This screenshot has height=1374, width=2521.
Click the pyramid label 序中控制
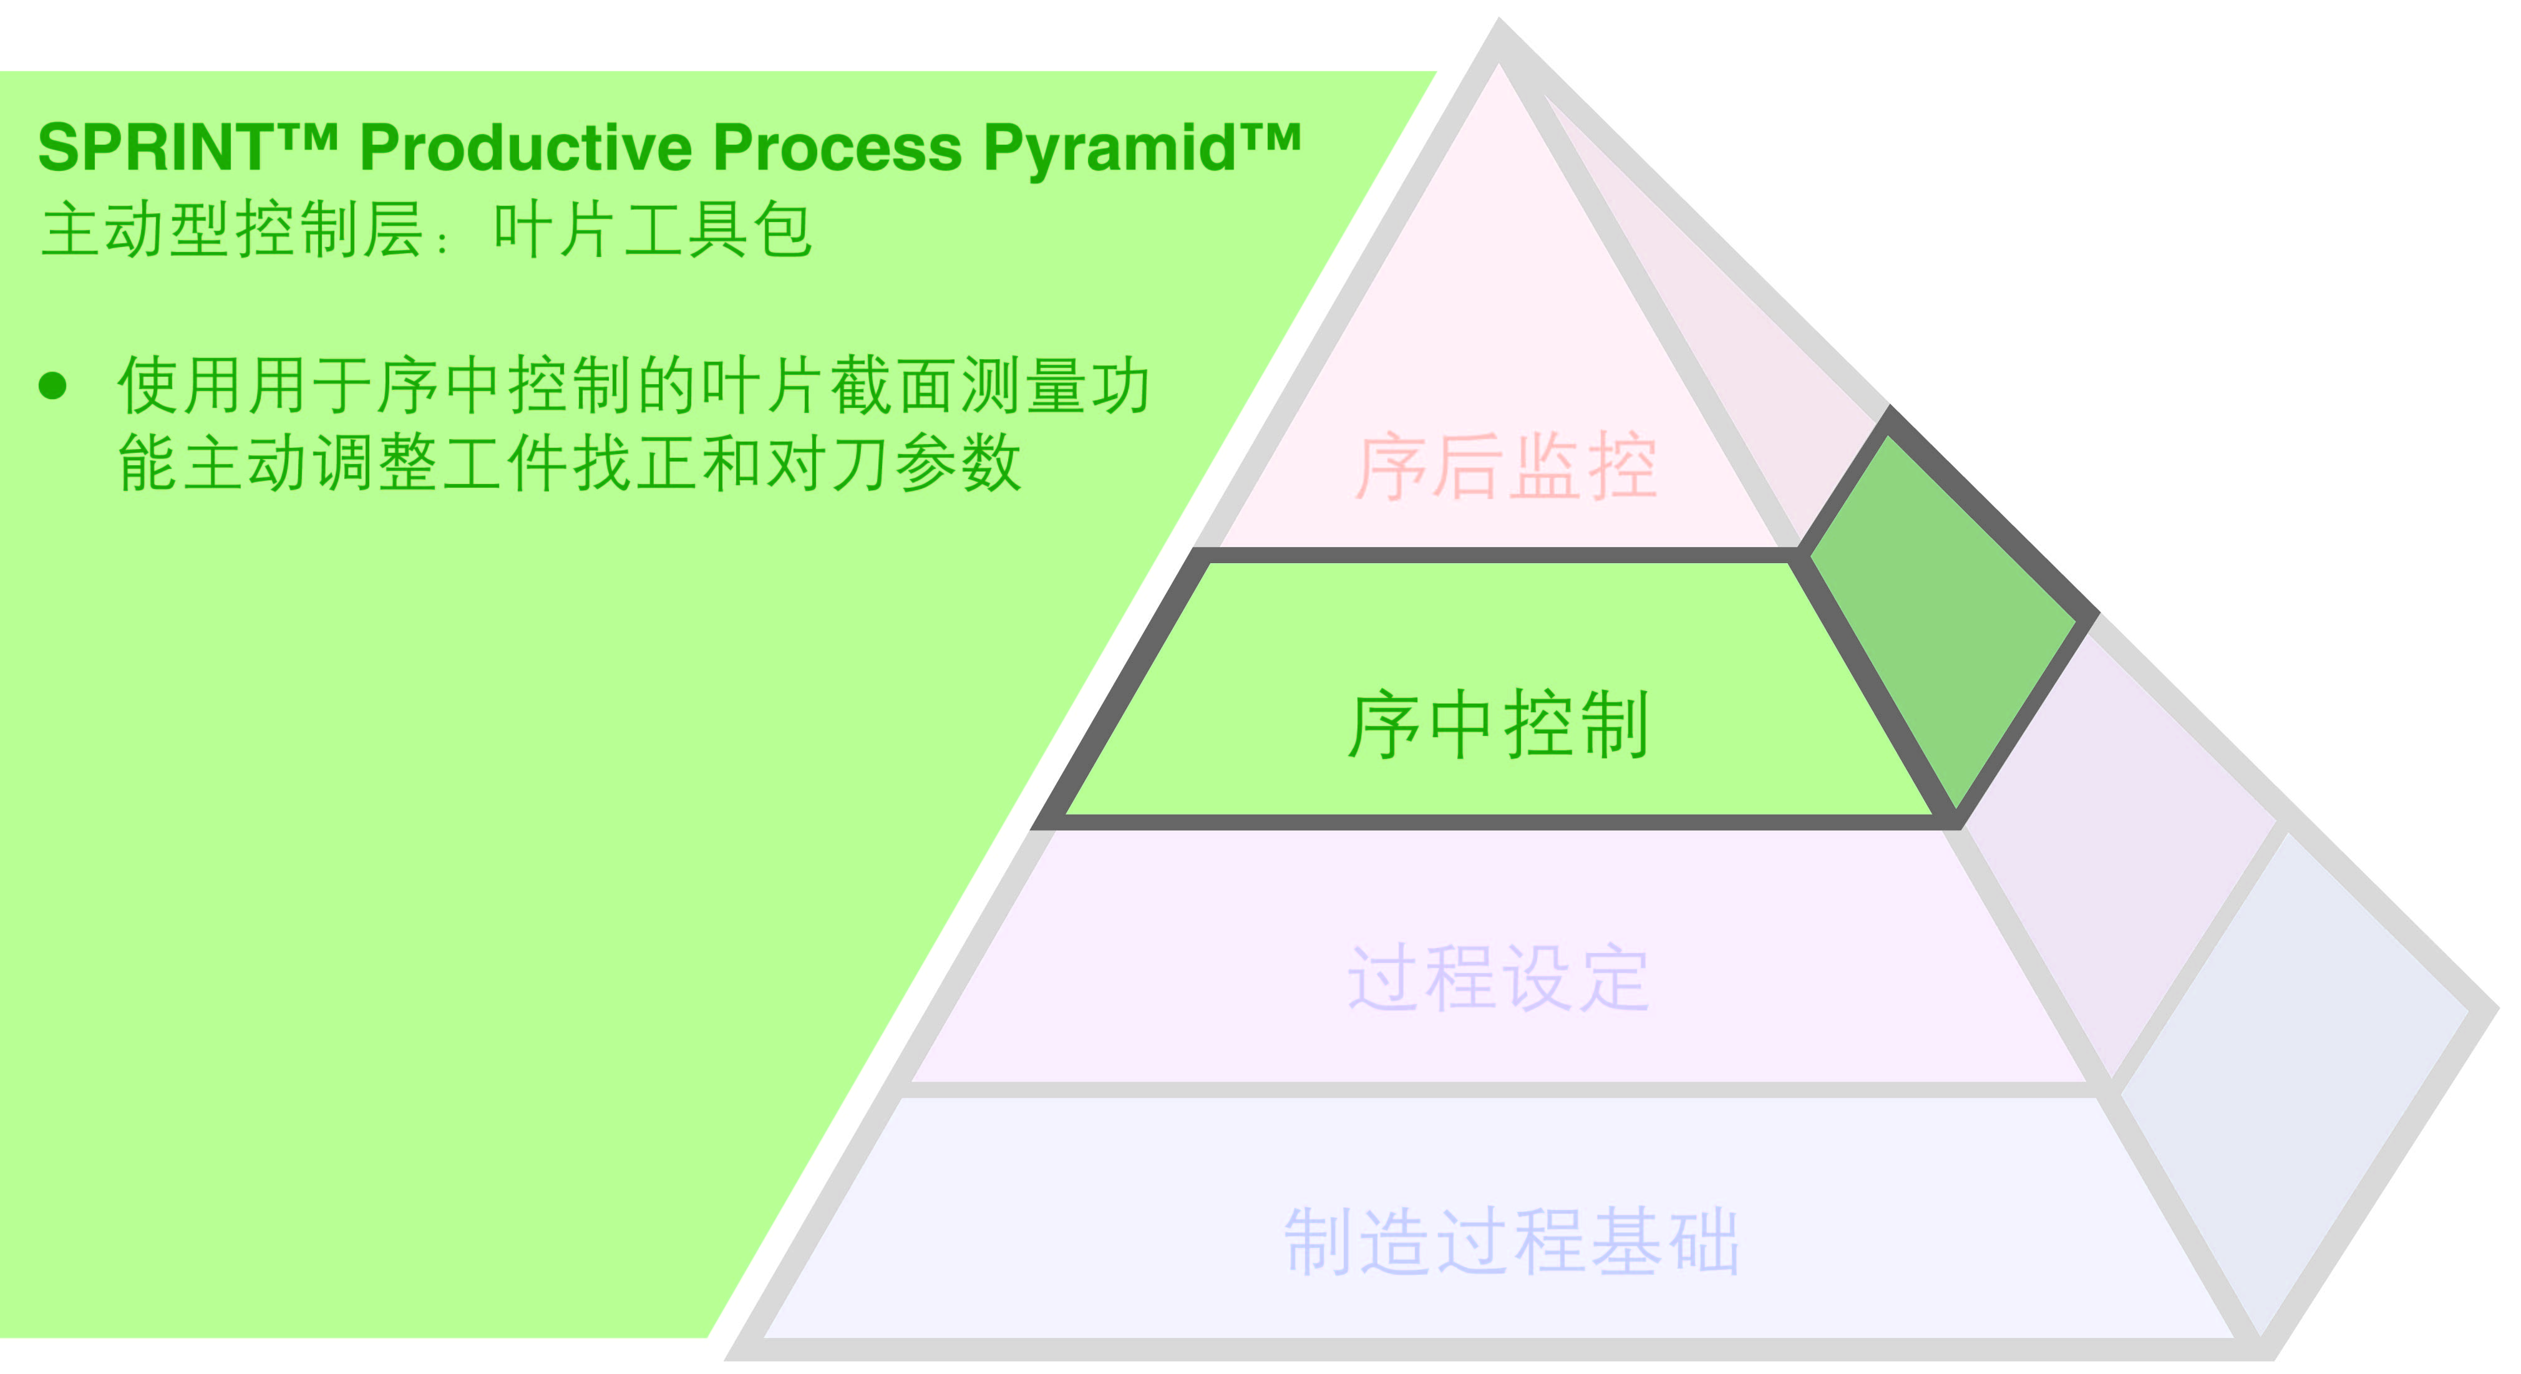tap(1499, 725)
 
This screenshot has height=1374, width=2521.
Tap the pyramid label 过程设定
tap(1499, 978)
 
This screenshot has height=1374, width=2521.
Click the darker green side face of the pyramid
tap(1943, 617)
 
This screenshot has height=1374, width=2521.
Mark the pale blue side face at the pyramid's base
tap(2300, 1076)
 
